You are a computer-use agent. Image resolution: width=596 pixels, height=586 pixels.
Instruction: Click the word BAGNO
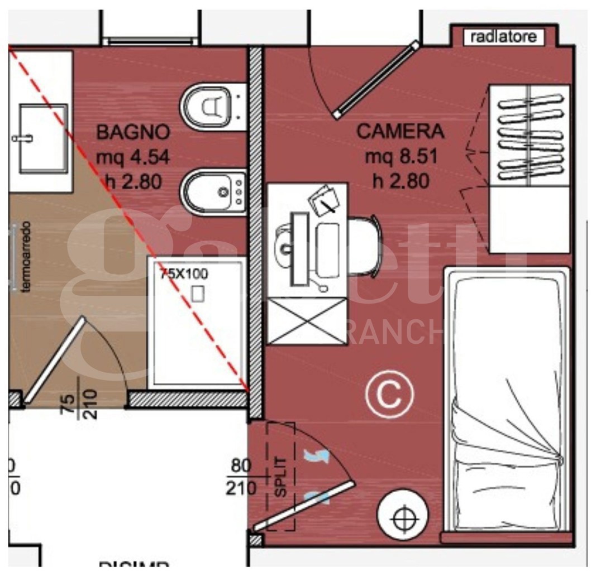(133, 132)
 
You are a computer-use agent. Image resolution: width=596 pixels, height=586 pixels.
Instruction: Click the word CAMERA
(400, 132)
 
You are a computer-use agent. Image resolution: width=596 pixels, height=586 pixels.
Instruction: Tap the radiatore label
(503, 37)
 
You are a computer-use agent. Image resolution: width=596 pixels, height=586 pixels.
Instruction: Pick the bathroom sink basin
(43, 138)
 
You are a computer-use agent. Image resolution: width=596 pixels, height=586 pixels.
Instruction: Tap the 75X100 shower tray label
(183, 274)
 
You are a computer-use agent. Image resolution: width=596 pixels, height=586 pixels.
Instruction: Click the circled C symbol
(389, 395)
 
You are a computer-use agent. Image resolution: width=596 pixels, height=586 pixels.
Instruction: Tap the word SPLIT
(281, 477)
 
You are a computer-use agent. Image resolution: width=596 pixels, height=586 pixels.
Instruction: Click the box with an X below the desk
(307, 321)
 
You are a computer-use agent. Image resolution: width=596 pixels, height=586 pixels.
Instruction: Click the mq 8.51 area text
(400, 157)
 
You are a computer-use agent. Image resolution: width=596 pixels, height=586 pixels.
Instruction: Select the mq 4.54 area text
(132, 157)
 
